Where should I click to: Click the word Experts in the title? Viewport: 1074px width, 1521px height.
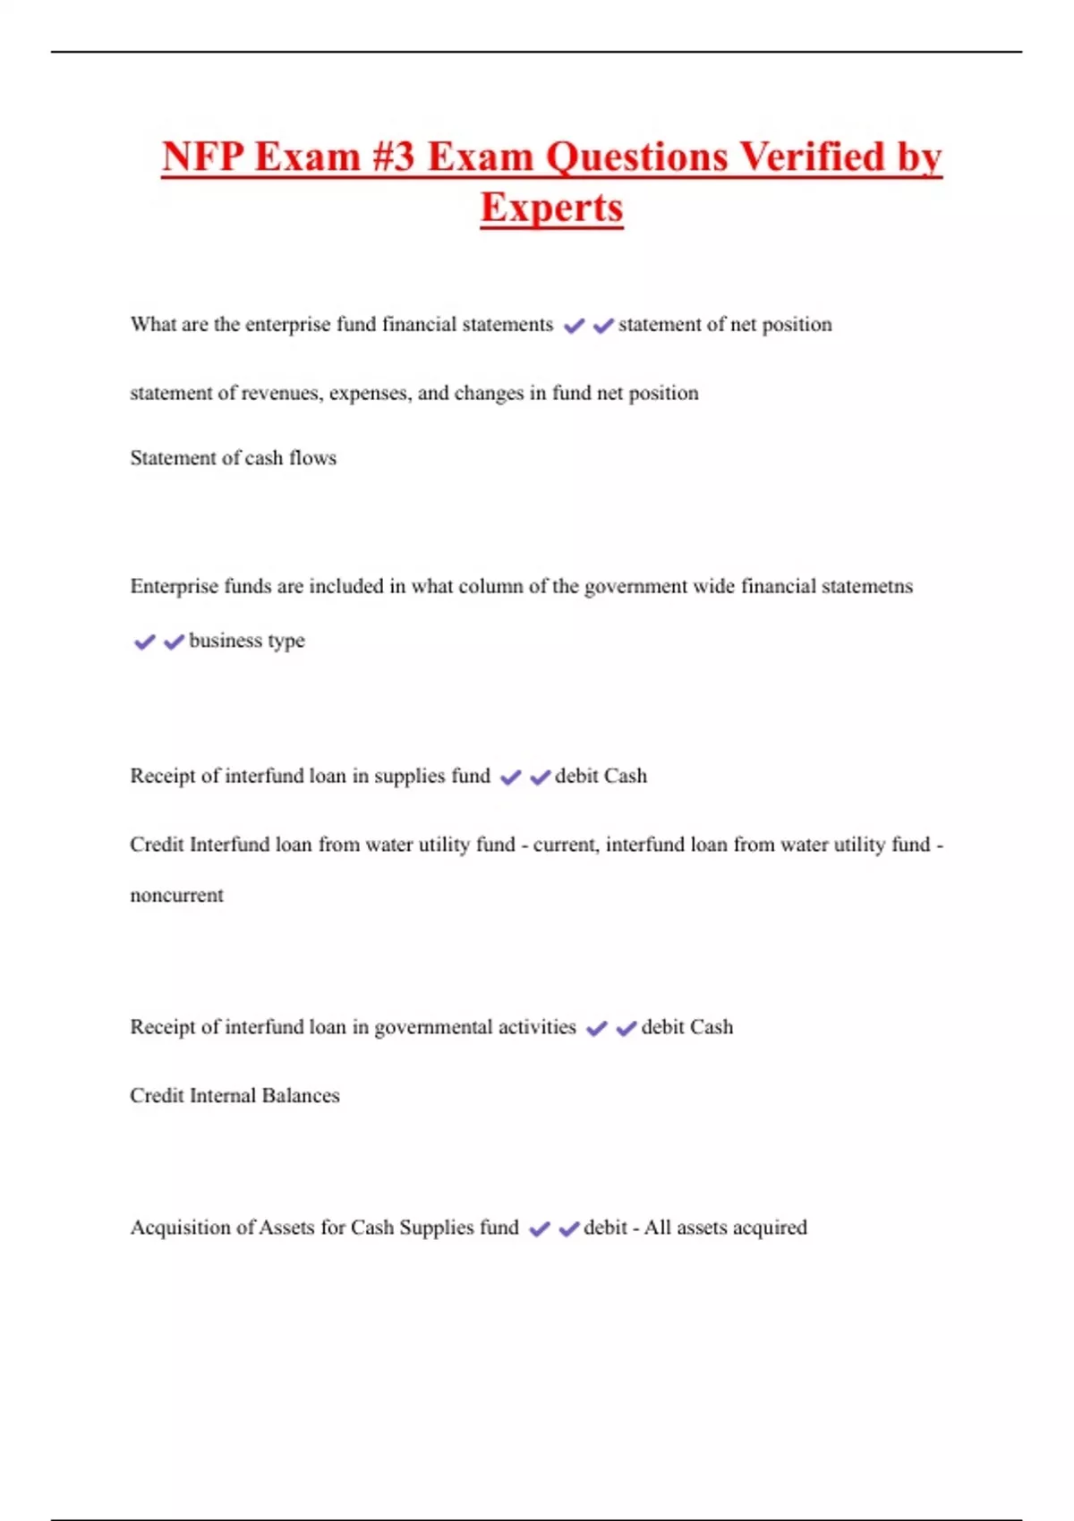[x=551, y=208]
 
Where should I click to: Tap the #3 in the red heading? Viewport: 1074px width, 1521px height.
[x=392, y=157]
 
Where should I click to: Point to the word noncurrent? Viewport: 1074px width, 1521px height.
[x=177, y=896]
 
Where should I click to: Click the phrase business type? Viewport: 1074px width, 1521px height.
[x=247, y=641]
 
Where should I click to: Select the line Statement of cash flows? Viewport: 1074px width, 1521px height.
[x=234, y=458]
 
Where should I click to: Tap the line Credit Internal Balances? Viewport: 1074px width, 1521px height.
[x=234, y=1096]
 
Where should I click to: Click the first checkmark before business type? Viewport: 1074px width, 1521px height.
[x=144, y=642]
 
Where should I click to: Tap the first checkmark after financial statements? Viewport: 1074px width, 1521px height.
[x=574, y=326]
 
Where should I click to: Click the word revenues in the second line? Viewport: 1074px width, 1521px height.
[x=282, y=394]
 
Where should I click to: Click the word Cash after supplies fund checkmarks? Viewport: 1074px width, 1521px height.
[x=625, y=777]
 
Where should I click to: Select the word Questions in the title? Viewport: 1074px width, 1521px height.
[x=637, y=157]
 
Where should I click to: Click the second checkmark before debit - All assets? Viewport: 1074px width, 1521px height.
[x=569, y=1229]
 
